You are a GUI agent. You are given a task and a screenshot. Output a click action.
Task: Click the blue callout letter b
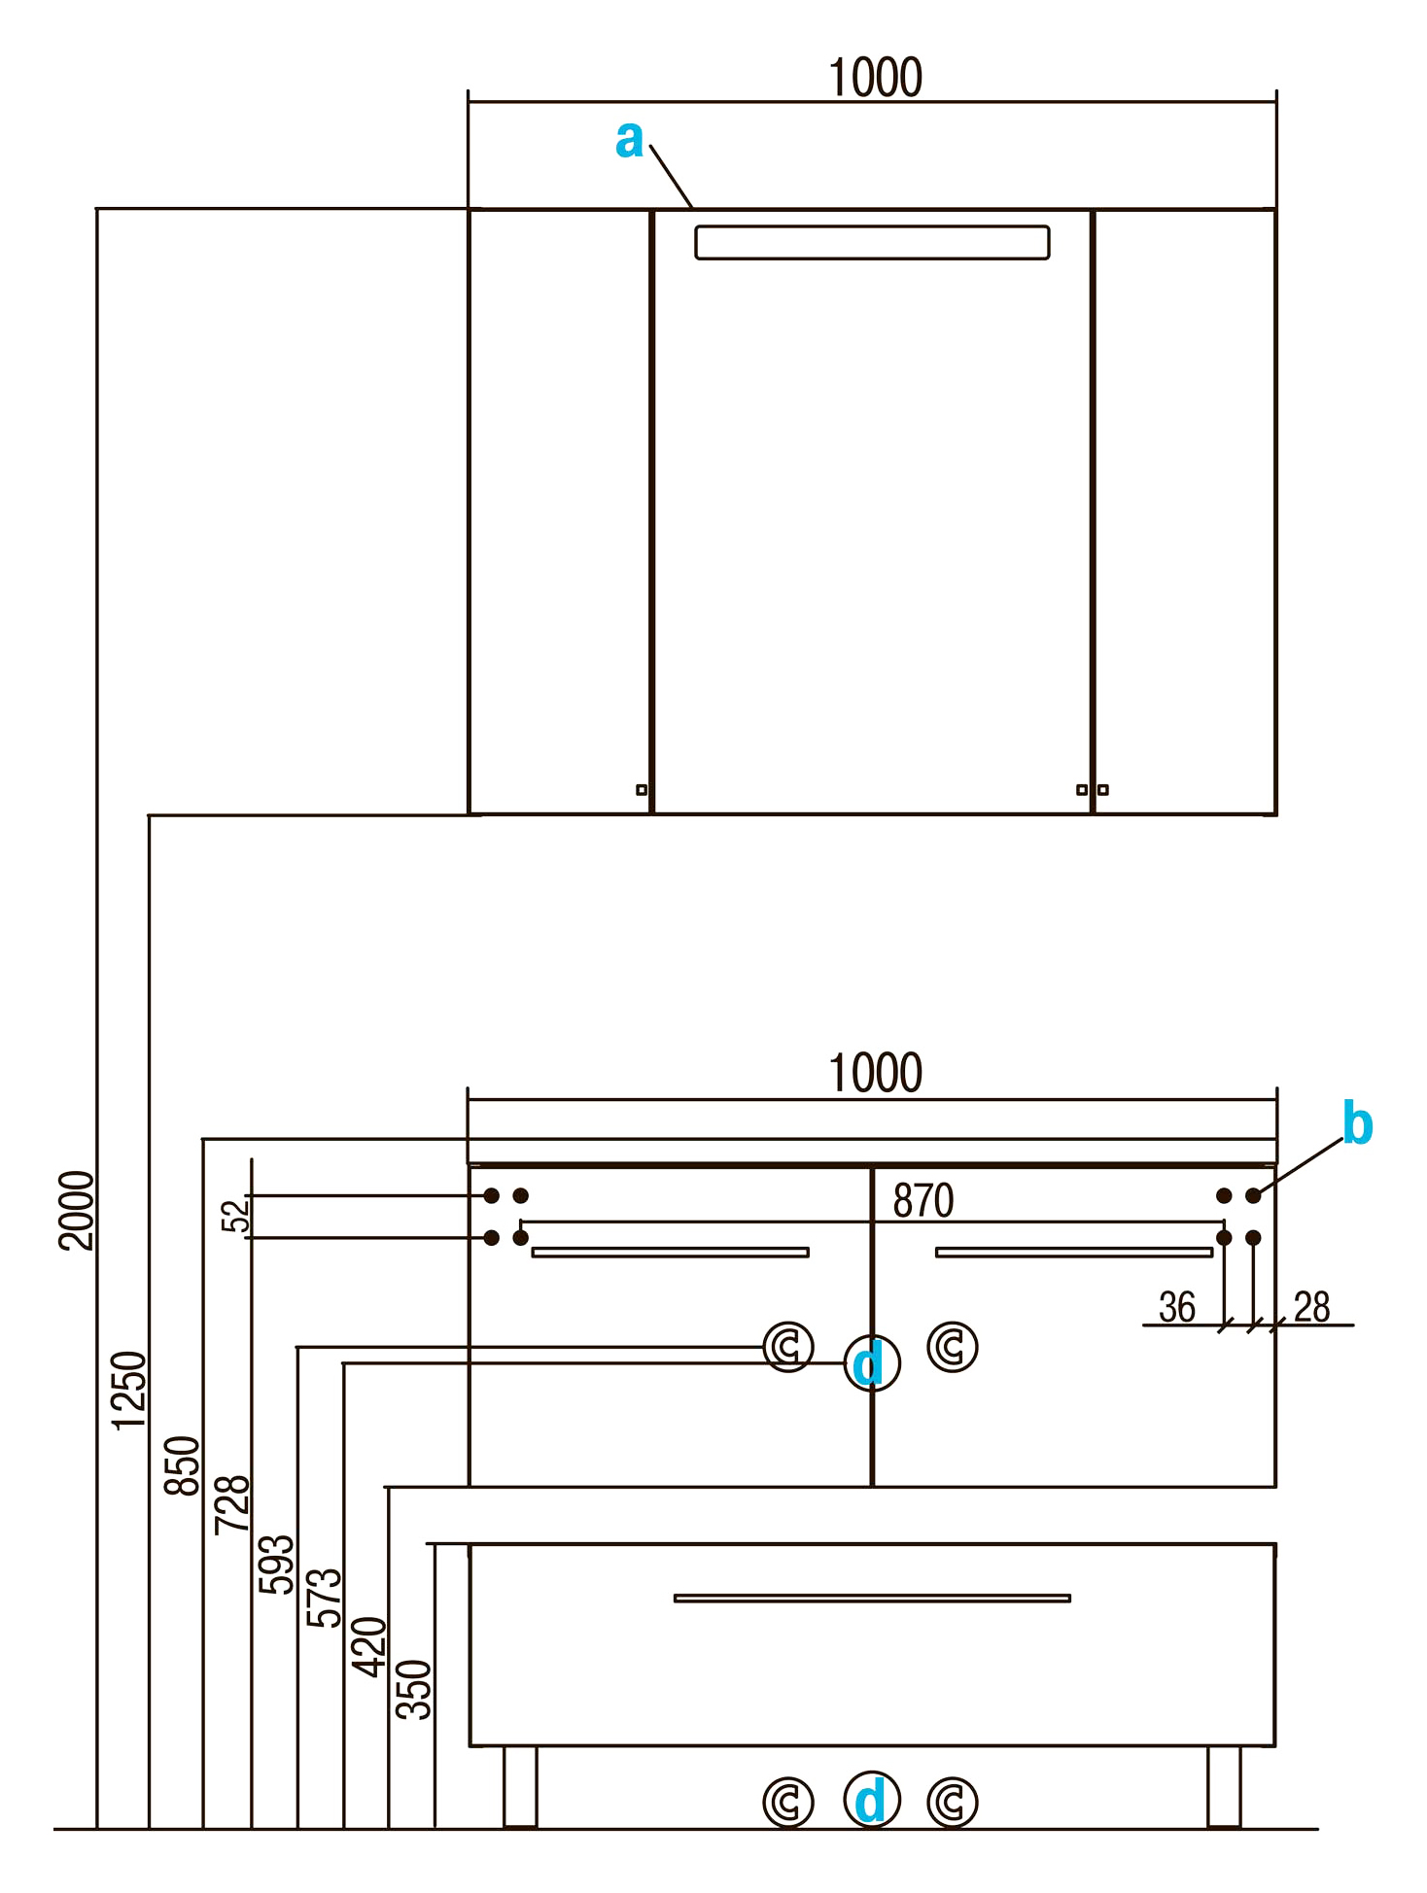tap(1357, 1124)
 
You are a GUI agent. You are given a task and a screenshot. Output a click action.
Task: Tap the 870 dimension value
tap(922, 1201)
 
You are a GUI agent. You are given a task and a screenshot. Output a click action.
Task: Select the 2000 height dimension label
tap(77, 1210)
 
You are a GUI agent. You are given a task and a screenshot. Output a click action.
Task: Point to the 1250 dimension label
tap(128, 1390)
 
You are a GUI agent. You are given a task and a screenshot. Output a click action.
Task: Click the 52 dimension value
tap(235, 1216)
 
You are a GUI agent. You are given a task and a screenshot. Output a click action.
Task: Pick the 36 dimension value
tap(1176, 1308)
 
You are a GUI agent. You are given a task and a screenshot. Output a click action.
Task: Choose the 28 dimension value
tap(1311, 1308)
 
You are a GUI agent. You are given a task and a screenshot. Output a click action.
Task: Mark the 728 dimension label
tap(232, 1504)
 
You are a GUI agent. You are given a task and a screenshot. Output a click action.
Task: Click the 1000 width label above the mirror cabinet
tap(875, 79)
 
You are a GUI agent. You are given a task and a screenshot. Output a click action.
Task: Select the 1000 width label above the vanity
tap(875, 1074)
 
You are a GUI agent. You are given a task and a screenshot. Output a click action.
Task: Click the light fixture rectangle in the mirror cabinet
tap(872, 243)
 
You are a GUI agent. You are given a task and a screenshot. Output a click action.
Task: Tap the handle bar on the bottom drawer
tap(872, 1598)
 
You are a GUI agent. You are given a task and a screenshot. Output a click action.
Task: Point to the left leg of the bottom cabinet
tap(520, 1786)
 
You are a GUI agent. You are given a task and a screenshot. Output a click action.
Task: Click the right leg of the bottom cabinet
tap(1224, 1786)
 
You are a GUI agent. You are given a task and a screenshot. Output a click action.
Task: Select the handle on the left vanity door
tap(670, 1253)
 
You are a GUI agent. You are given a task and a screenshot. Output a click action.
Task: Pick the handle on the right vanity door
tap(1073, 1253)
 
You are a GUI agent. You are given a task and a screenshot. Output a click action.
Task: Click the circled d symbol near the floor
tap(871, 1800)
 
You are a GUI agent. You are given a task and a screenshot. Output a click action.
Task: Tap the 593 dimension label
tap(276, 1564)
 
